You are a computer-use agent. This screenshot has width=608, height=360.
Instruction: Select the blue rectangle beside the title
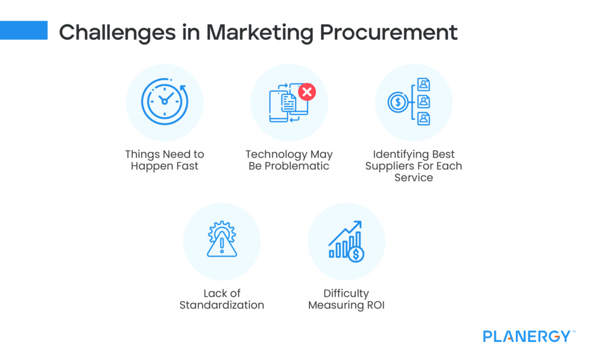[24, 30]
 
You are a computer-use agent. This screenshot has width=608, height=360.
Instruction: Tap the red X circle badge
[307, 91]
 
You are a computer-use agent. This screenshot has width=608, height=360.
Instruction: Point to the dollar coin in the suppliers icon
[397, 103]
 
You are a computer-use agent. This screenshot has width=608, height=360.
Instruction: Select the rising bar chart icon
[346, 241]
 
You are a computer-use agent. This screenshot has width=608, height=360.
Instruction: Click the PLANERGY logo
[528, 336]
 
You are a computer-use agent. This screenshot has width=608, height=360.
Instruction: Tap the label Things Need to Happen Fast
[164, 160]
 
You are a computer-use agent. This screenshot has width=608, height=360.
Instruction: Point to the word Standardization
[221, 305]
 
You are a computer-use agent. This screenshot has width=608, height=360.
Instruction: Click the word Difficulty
[346, 293]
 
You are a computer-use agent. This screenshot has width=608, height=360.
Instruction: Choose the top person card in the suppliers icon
[423, 84]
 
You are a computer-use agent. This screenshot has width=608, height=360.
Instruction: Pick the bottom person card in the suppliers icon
[423, 119]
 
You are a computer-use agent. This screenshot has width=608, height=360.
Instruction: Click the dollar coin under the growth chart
[356, 254]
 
